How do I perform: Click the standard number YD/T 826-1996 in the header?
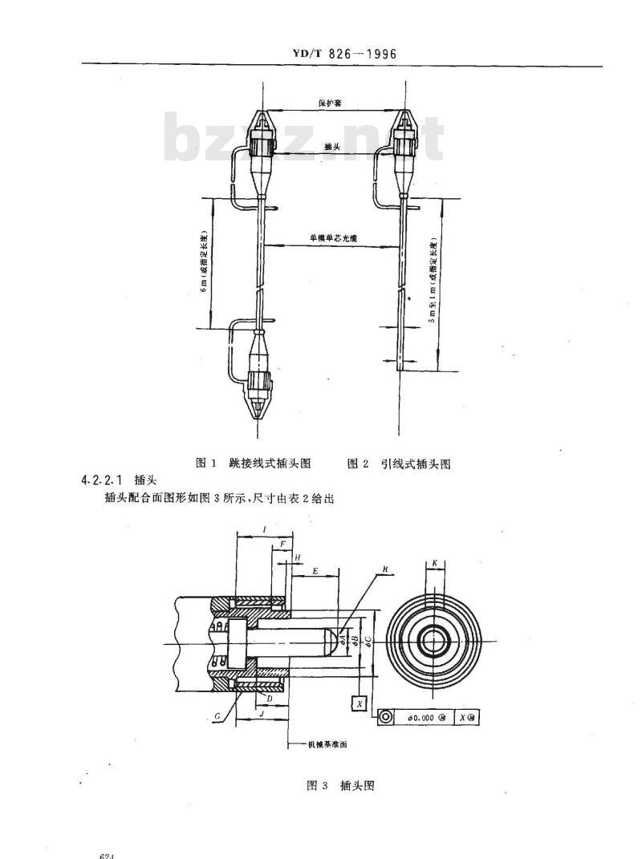(x=347, y=55)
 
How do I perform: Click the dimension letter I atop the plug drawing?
(x=265, y=529)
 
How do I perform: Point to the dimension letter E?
(x=315, y=571)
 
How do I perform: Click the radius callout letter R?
(x=386, y=569)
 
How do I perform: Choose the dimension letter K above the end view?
(x=434, y=563)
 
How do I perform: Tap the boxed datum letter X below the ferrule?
(x=359, y=703)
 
